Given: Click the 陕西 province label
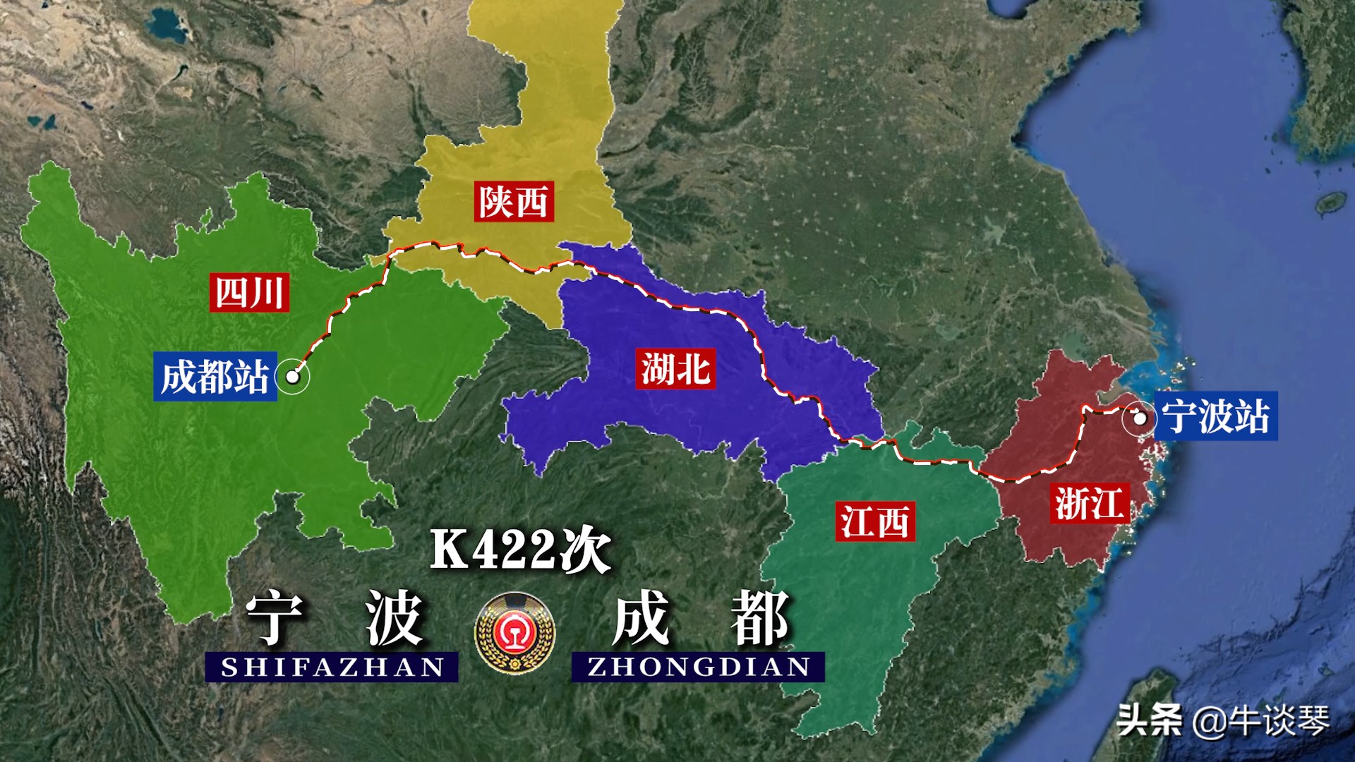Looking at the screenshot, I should pyautogui.click(x=513, y=202).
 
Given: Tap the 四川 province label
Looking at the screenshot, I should pyautogui.click(x=249, y=292).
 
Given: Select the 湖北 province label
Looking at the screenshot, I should pyautogui.click(x=675, y=368).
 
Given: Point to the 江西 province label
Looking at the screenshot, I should pyautogui.click(x=875, y=521).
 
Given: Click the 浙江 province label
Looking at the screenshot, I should pyautogui.click(x=1089, y=503).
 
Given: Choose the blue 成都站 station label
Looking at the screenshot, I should pyautogui.click(x=215, y=376).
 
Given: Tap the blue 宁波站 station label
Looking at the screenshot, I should pyautogui.click(x=1216, y=416).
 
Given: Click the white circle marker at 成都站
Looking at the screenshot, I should pyautogui.click(x=292, y=377).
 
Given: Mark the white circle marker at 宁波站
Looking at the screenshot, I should pyautogui.click(x=1139, y=418).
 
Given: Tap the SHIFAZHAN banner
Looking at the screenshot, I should pyautogui.click(x=332, y=667).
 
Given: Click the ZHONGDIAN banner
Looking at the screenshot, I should pyautogui.click(x=698, y=667).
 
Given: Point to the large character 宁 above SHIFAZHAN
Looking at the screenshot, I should pyautogui.click(x=274, y=618).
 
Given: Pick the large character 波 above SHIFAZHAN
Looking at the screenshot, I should pyautogui.click(x=393, y=618).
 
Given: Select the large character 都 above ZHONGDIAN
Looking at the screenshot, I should pyautogui.click(x=759, y=618).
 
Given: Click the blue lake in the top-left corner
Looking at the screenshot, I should pyautogui.click(x=167, y=24).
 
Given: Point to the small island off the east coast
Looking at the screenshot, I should pyautogui.click(x=1331, y=203).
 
